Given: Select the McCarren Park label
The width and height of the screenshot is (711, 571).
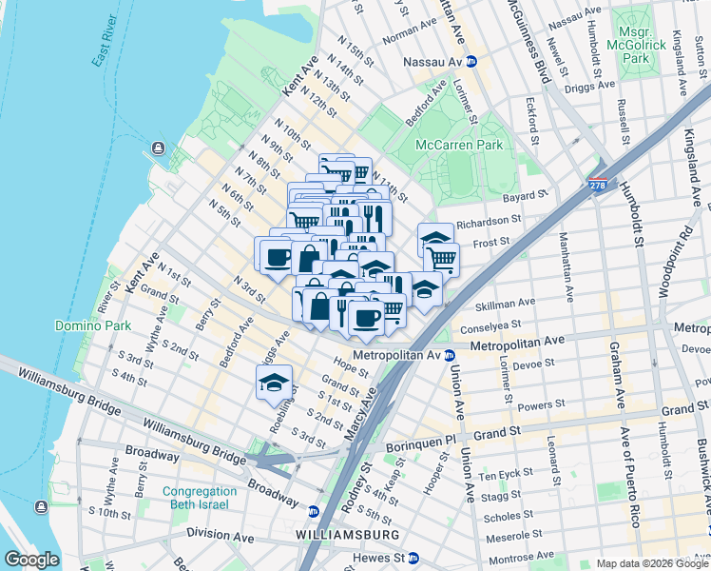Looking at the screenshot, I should tap(459, 145).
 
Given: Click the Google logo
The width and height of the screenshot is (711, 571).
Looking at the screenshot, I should tap(31, 560).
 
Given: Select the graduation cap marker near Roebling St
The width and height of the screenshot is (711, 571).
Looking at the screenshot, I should tap(273, 383).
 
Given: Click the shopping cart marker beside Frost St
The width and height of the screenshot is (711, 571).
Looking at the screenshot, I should tap(441, 257).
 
